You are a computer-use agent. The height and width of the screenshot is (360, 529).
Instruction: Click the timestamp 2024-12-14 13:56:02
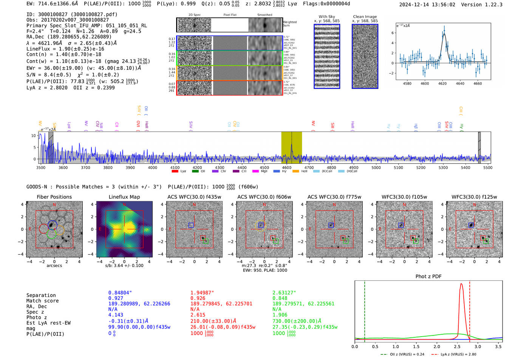tap(427, 5)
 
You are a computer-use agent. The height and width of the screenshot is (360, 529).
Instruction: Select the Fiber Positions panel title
tap(54, 197)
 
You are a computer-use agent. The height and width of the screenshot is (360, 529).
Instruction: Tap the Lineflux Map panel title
tap(124, 197)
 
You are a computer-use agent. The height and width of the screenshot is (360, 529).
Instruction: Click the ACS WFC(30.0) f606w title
tap(264, 197)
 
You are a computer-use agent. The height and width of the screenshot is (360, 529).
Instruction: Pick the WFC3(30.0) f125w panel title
tap(474, 197)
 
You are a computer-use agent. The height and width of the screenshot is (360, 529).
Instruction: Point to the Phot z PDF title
tap(428, 277)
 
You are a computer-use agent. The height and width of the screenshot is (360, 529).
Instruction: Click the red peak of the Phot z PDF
tap(461, 284)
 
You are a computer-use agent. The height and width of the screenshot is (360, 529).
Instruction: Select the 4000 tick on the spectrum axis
tap(152, 168)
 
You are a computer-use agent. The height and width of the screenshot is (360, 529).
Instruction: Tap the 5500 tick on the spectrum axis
tap(488, 168)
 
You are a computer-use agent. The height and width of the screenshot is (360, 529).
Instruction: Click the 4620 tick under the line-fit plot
tap(442, 83)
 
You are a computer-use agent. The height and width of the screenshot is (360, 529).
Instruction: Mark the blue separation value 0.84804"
tap(120, 293)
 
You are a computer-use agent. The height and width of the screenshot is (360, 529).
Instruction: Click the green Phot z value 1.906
tap(280, 315)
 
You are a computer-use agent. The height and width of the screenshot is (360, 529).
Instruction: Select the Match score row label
tap(42, 301)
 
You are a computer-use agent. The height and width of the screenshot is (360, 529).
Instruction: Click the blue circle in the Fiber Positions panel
tap(53, 225)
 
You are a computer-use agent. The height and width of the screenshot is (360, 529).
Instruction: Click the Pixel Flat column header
tap(230, 15)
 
